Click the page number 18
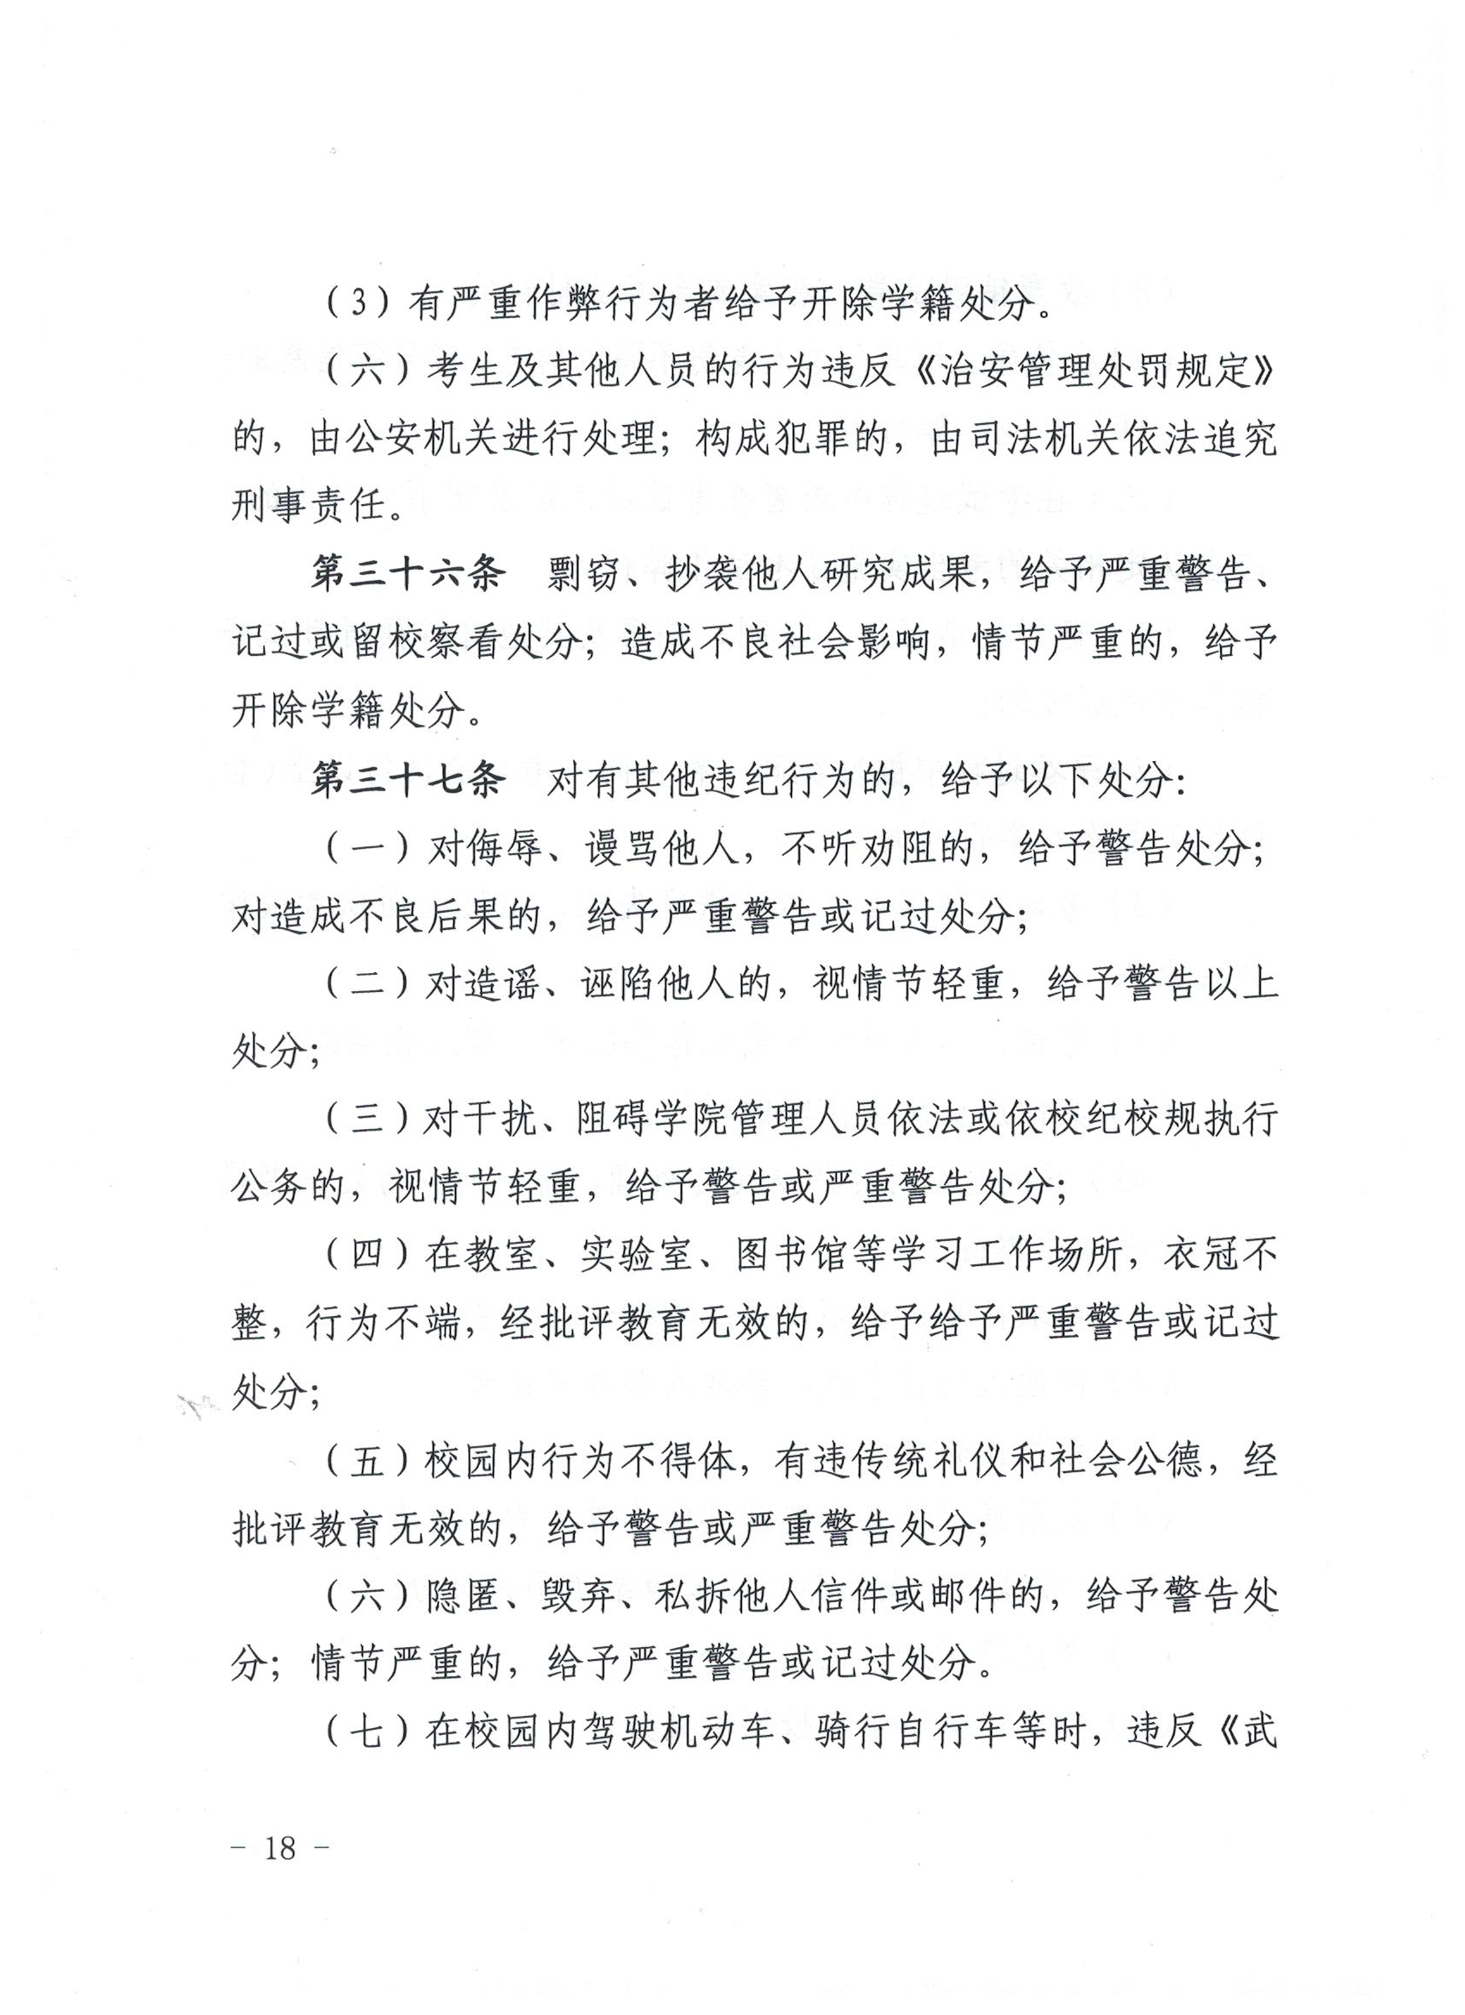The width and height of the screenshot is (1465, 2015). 279,1849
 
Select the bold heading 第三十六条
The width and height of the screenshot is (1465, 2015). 408,575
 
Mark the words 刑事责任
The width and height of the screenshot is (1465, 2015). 310,508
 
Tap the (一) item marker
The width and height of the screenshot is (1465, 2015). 367,851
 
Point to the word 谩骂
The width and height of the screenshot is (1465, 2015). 623,851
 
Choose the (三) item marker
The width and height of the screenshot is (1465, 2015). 367,1120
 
